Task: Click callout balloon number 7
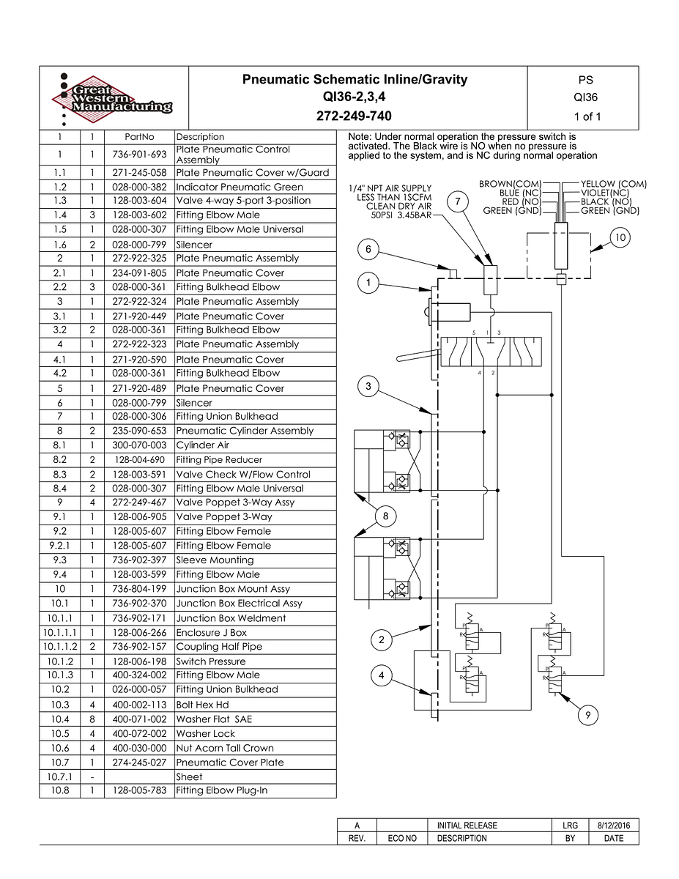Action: tap(457, 201)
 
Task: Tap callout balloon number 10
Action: tap(620, 237)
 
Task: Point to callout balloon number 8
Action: tap(386, 517)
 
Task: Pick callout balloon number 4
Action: tap(382, 675)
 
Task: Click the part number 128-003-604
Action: tap(139, 201)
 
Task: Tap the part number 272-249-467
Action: tap(139, 502)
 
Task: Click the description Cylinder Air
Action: tap(202, 445)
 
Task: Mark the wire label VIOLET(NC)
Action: tap(604, 193)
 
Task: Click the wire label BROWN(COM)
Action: tap(510, 184)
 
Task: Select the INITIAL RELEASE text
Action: tap(467, 826)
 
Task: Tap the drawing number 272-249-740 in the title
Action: tap(355, 116)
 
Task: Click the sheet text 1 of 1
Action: tap(587, 116)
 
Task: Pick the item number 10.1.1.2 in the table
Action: tap(59, 647)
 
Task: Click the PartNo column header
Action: tap(139, 137)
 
